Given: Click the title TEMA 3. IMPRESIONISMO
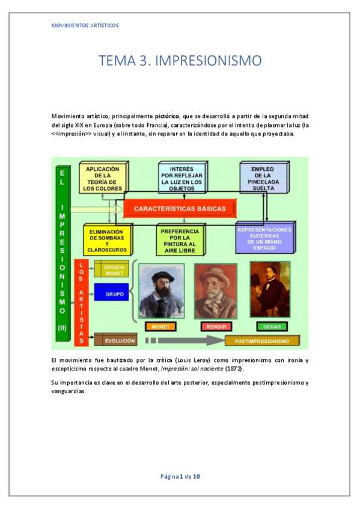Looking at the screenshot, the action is [x=180, y=60].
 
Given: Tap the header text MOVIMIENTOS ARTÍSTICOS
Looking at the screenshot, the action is [x=85, y=25].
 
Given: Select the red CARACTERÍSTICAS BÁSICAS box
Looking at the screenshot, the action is [x=180, y=209].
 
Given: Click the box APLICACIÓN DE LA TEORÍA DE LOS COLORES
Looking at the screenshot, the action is [x=102, y=179].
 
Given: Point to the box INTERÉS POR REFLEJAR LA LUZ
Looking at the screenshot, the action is [x=182, y=179].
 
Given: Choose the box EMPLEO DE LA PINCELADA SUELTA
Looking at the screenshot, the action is [x=263, y=179].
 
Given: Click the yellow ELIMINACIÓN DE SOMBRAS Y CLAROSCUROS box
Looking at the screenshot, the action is [x=106, y=239].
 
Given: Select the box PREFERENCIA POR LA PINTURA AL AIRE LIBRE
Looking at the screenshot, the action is [x=180, y=240].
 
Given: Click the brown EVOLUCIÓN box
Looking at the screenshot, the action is [x=115, y=340].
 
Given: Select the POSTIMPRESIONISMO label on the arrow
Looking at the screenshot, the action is [x=263, y=341].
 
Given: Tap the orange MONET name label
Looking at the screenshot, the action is [x=160, y=327].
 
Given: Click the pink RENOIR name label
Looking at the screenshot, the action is [x=215, y=327].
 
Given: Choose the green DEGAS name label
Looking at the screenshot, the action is [x=271, y=327].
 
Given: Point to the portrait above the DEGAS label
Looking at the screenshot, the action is [x=270, y=289].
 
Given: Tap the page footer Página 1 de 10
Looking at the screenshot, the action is [x=180, y=476].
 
